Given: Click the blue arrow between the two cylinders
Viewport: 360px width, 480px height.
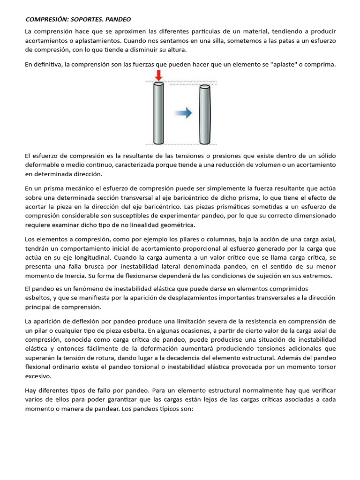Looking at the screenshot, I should (183, 112).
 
